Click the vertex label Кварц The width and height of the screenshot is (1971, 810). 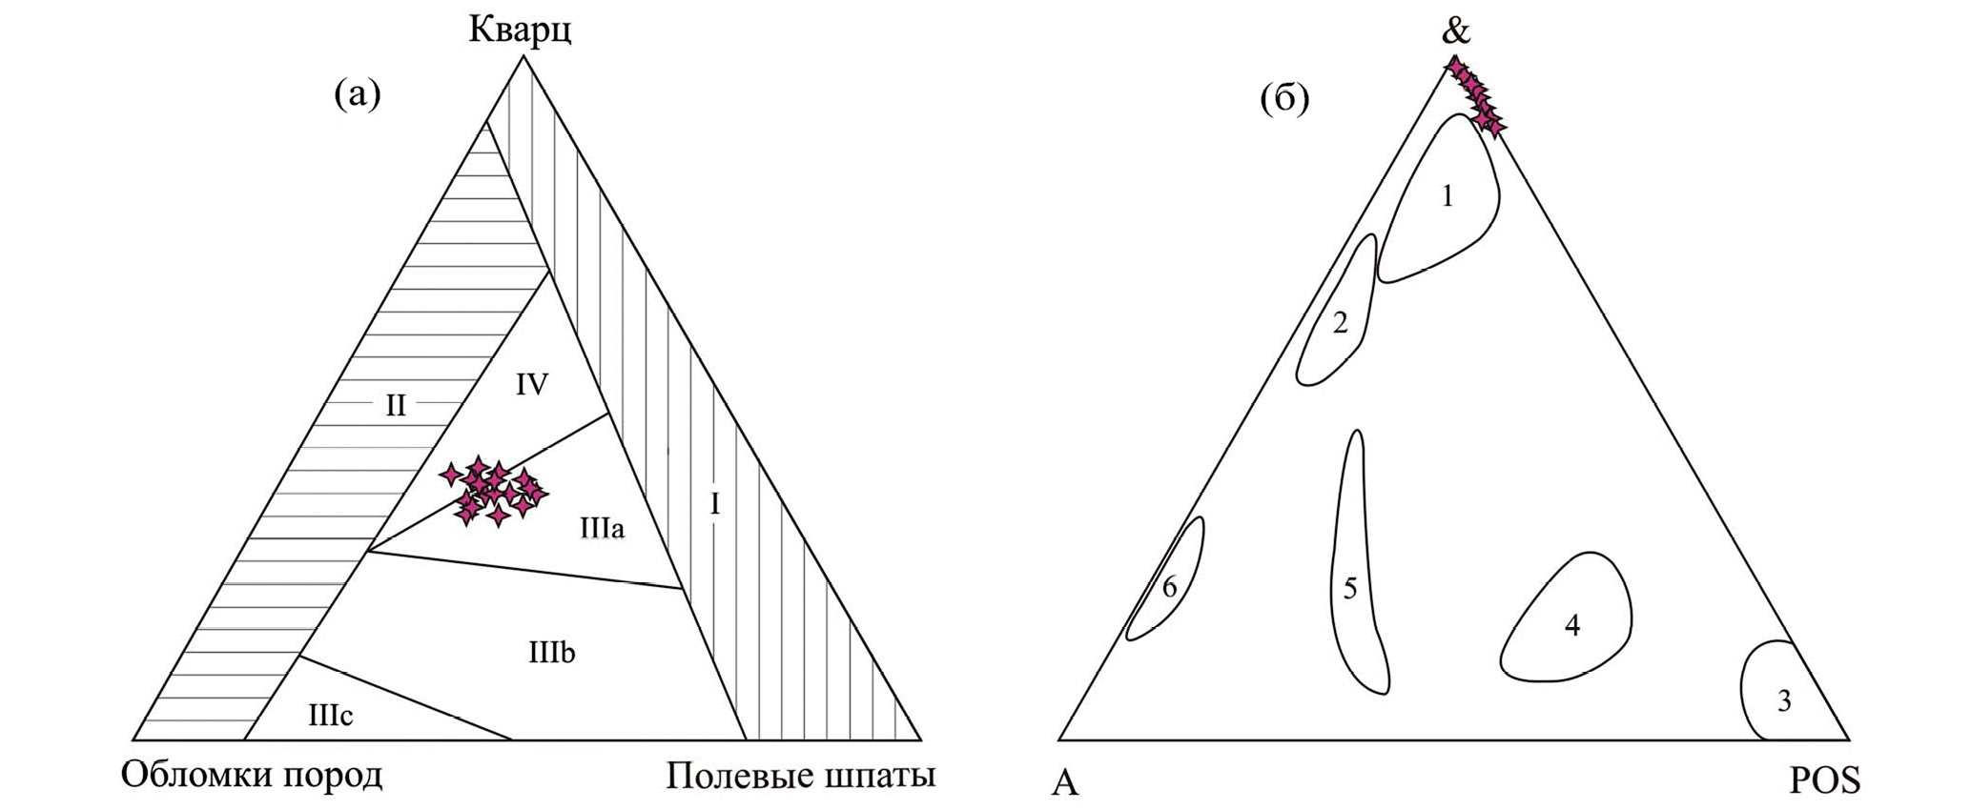tap(520, 30)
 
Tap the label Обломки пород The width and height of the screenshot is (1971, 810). tap(252, 775)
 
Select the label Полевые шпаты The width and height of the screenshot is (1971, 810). tap(801, 775)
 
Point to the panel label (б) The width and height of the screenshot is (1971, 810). tap(1284, 98)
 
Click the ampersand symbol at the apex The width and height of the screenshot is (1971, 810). tap(1457, 30)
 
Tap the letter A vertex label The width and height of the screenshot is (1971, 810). tap(1065, 782)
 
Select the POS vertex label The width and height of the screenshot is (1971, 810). tap(1825, 781)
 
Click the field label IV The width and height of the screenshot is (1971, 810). tap(532, 385)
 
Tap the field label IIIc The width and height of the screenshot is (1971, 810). tap(331, 716)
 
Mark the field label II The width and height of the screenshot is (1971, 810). tap(396, 407)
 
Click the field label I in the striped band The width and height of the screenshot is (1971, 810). tap(715, 504)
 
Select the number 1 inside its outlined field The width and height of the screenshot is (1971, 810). tap(1447, 196)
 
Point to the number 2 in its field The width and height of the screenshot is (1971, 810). tap(1340, 323)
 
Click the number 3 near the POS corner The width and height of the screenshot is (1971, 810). tap(1783, 701)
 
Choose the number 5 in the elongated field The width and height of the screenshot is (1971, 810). tap(1349, 589)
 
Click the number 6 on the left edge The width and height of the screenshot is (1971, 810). tap(1170, 588)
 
